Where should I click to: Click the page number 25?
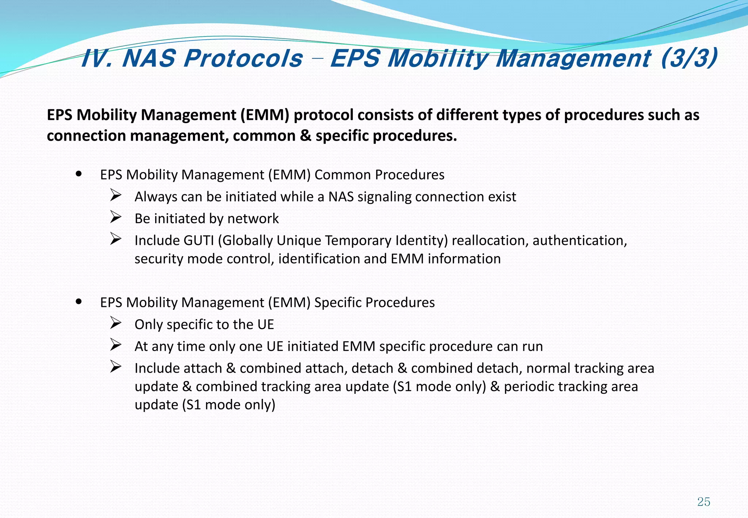[x=703, y=502]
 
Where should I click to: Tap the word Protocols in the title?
[x=243, y=58]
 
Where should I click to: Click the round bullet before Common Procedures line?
[x=79, y=174]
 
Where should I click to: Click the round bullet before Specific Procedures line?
[x=79, y=302]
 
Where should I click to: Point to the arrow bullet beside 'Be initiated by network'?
[x=116, y=218]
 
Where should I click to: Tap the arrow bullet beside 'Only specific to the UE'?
[x=116, y=324]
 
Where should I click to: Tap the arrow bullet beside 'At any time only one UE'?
[x=116, y=346]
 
